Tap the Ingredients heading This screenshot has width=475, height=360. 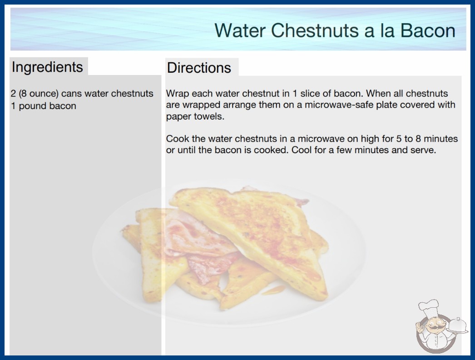[x=47, y=67]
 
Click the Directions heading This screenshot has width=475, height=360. [x=199, y=68]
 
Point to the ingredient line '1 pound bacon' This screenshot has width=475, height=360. [x=43, y=106]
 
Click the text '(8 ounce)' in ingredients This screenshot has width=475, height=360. [x=38, y=94]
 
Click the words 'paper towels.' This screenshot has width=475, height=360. [x=195, y=116]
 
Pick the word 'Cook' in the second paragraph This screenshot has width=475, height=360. [x=178, y=139]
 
